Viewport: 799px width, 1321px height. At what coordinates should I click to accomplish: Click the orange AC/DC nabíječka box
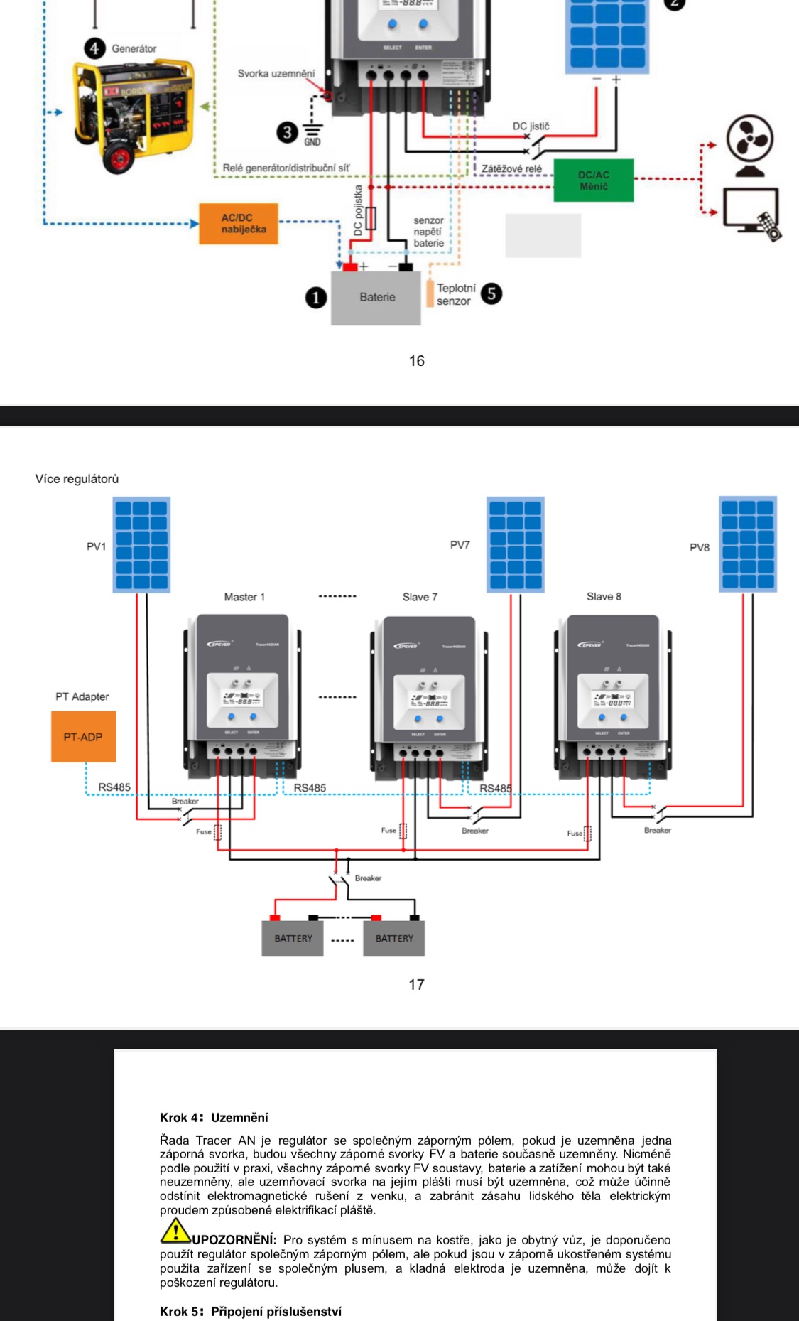239,224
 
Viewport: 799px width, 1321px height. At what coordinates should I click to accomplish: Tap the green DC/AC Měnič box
594,180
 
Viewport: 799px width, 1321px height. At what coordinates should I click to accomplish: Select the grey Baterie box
376,298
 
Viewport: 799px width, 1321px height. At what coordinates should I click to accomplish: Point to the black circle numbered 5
491,293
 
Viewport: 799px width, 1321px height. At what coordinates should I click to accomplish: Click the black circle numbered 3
287,132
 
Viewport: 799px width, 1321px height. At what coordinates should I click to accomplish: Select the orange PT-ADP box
83,737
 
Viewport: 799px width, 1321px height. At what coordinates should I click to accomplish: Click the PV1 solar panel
142,545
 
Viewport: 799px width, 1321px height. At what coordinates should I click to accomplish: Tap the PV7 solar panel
516,545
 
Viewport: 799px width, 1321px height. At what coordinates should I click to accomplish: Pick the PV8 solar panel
748,544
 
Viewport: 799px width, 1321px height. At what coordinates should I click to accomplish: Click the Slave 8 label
604,597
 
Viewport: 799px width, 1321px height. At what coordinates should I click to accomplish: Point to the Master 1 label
244,598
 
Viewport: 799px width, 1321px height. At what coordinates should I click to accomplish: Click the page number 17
417,985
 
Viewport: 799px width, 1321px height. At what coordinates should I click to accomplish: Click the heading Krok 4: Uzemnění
214,1118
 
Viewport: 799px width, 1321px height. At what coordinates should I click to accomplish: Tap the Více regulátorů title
77,480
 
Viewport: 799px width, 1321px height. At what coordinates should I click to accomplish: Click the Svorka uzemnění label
276,74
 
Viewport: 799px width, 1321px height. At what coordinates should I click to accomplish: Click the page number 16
417,361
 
